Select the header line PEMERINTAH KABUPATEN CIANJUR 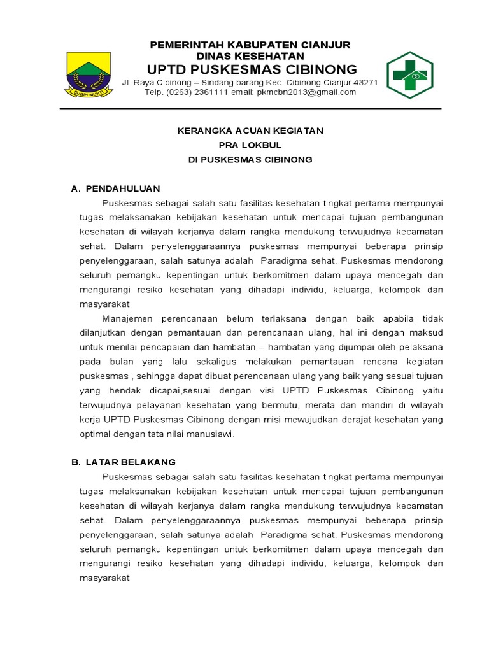(250, 45)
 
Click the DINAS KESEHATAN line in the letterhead (250, 56)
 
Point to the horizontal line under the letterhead (250, 109)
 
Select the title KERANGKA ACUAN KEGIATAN (250, 131)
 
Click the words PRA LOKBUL (250, 145)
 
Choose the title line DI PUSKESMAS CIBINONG (250, 160)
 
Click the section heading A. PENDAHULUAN (115, 189)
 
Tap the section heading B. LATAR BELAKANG (123, 462)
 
